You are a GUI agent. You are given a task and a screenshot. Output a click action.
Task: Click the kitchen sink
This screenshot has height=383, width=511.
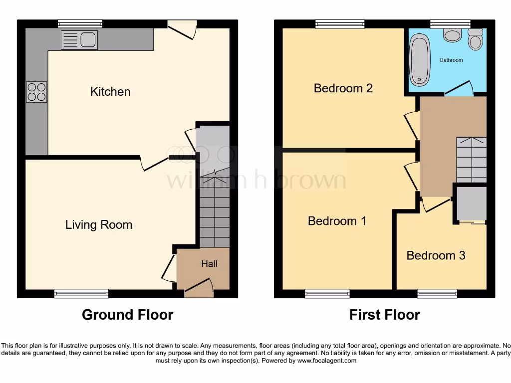coord(79,40)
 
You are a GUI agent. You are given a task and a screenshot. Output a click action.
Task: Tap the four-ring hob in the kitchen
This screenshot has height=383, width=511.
coord(36,92)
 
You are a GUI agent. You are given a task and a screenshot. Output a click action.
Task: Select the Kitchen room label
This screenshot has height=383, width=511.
coord(110,92)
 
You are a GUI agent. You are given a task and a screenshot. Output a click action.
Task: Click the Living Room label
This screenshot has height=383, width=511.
coord(99,225)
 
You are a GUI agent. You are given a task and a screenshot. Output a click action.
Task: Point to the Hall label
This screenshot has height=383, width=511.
coord(209,264)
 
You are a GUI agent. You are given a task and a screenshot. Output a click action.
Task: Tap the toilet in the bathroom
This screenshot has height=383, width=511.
coord(475,40)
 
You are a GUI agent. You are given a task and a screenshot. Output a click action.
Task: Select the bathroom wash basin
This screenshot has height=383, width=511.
coord(452,35)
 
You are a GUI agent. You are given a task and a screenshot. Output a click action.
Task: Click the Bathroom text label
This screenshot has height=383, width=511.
coord(451,60)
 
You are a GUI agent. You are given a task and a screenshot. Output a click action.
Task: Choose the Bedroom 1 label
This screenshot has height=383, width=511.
coord(337,221)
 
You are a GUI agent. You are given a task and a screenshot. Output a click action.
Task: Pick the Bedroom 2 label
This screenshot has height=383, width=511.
coord(343,88)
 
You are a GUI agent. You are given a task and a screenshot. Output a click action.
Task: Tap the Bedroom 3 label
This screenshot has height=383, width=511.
coord(436,256)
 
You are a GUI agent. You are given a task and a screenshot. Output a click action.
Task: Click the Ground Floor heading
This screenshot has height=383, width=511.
coord(127,315)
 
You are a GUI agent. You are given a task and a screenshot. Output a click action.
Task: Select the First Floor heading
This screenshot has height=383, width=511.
coord(384,315)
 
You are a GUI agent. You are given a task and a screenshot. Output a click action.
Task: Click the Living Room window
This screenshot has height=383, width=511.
coord(81,294)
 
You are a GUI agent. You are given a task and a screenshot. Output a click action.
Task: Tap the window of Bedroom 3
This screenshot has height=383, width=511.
coord(437,294)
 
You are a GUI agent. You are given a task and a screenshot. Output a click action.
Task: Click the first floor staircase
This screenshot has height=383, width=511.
coord(471,160)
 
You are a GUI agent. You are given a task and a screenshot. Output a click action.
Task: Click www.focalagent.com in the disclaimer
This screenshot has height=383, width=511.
coord(327,361)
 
